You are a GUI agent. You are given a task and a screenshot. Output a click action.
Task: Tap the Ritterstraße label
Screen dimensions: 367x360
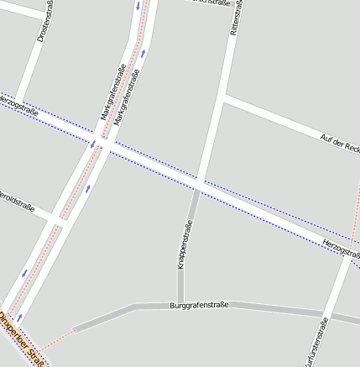[x=236, y=18]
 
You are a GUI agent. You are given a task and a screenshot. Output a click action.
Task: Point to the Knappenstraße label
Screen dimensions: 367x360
[x=183, y=244]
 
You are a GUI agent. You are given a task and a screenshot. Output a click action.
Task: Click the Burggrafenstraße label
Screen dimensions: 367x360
[x=199, y=307]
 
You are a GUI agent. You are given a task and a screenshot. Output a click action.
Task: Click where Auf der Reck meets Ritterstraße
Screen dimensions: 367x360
[x=223, y=98]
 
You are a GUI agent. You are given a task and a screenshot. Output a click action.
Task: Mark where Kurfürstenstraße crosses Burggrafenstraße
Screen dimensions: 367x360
[x=328, y=314]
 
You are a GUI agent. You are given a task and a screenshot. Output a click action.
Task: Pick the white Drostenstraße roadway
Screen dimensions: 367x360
[x=32, y=59]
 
